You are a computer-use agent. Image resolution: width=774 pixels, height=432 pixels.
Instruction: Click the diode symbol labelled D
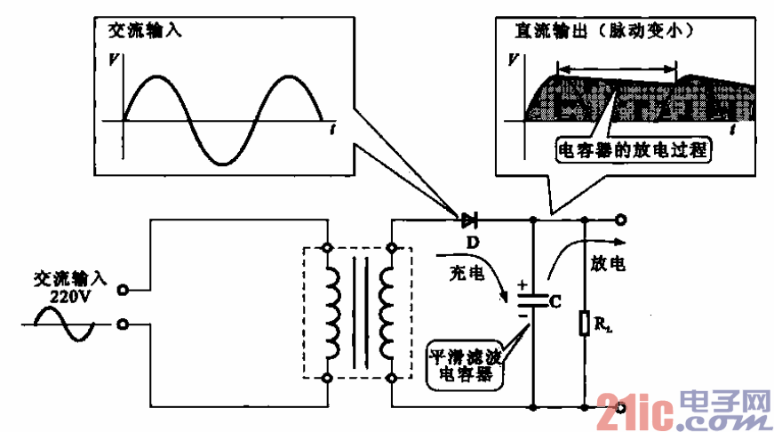(x=467, y=219)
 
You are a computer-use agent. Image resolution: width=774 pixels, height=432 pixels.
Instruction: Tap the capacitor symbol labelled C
(x=531, y=302)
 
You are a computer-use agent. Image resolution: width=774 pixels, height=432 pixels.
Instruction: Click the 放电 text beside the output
(x=608, y=264)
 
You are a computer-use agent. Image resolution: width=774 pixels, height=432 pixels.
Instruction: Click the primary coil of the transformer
(x=333, y=312)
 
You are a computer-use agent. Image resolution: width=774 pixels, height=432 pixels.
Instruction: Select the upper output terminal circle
(x=621, y=219)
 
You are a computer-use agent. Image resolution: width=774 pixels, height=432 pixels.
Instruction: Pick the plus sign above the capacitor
(x=522, y=286)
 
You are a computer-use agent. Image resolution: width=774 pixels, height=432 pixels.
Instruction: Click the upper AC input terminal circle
(x=124, y=290)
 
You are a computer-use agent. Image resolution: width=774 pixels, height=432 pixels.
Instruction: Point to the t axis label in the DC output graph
(x=734, y=130)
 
